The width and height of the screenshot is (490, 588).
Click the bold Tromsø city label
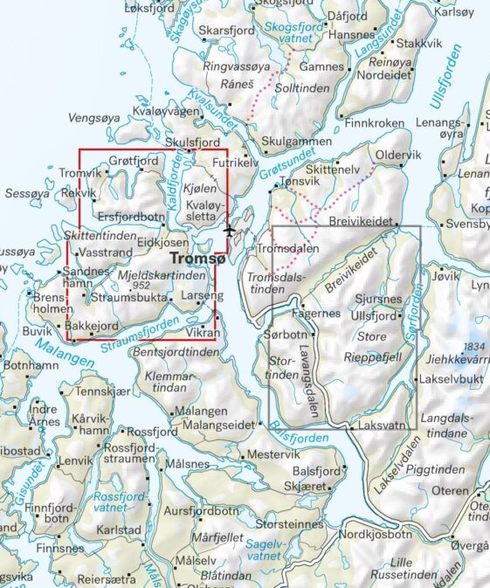pos(197,259)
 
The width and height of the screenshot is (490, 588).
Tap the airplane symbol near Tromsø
pos(229,232)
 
